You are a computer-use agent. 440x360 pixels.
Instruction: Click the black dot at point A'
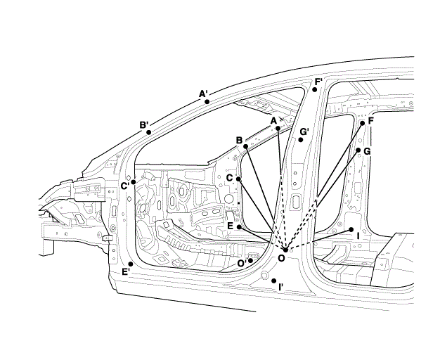point(207,101)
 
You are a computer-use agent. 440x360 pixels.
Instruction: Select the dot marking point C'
point(134,181)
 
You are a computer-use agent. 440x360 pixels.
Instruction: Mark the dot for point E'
point(131,264)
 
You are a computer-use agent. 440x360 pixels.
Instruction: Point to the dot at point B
point(246,146)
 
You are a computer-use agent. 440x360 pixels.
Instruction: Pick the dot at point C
point(239,179)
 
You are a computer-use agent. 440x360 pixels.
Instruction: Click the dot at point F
point(363,123)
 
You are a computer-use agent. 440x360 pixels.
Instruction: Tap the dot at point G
point(358,150)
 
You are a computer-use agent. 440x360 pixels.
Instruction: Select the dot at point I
point(351,229)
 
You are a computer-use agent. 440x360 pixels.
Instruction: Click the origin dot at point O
point(284,250)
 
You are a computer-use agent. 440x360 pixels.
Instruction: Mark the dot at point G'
point(300,140)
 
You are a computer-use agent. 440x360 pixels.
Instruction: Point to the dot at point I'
point(273,280)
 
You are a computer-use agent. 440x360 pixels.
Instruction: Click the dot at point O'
point(250,261)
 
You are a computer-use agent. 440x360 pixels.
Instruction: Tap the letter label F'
point(318,82)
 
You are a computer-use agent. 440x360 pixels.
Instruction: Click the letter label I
point(358,236)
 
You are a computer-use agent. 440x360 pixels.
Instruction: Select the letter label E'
point(125,272)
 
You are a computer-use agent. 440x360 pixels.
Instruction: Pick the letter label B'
point(143,125)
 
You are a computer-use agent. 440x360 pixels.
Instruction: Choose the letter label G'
point(304,131)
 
